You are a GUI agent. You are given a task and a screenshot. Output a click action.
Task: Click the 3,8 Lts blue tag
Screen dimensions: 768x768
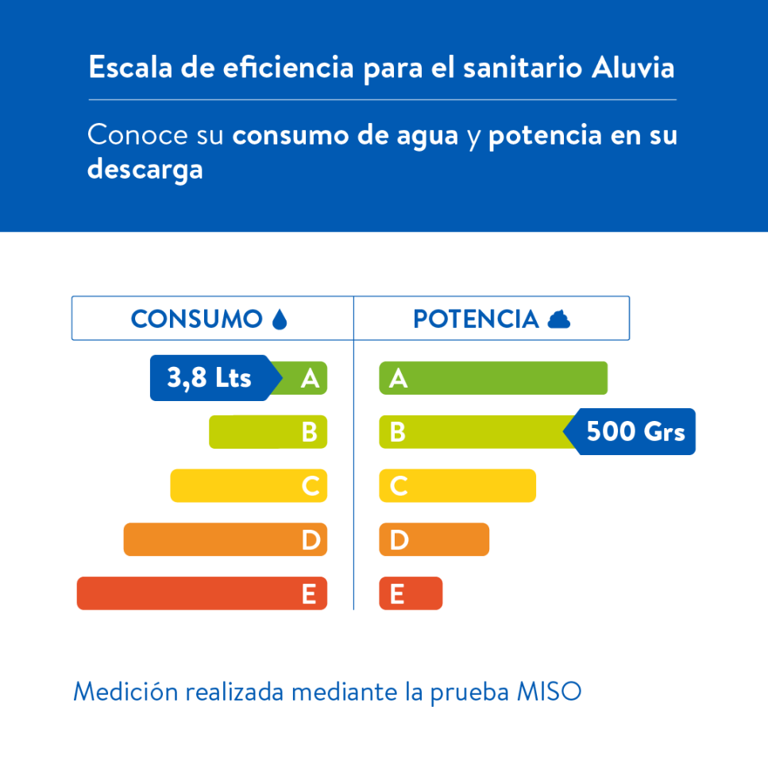[x=209, y=378]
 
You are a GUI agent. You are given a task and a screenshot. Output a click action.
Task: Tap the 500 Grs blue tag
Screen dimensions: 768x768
[x=634, y=432]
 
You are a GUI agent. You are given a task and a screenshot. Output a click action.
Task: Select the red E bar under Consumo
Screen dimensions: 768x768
[x=202, y=593]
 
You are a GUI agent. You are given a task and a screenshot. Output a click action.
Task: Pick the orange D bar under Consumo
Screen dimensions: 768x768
[x=225, y=540]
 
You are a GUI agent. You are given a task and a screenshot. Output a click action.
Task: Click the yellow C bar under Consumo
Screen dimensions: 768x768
[x=248, y=486]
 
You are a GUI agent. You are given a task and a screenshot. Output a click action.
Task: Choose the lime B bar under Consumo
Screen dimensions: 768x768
[x=268, y=432]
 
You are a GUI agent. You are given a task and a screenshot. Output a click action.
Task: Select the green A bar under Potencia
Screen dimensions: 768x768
[x=493, y=378]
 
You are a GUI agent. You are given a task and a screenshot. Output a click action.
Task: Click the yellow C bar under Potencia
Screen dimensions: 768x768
[x=457, y=486]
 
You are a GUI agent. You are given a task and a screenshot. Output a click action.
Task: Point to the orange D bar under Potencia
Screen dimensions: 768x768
[x=434, y=540]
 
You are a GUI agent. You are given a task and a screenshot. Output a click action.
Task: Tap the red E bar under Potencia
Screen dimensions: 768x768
[x=411, y=593]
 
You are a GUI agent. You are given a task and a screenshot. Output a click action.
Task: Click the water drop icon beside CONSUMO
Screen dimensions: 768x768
[x=279, y=319]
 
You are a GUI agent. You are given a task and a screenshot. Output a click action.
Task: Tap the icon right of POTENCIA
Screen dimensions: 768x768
[x=559, y=319]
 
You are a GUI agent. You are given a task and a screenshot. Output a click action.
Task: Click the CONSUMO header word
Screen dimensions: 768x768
[x=196, y=319]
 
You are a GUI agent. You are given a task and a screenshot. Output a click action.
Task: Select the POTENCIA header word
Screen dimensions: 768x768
[x=476, y=319]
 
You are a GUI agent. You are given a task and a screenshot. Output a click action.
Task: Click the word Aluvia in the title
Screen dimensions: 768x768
[x=633, y=68]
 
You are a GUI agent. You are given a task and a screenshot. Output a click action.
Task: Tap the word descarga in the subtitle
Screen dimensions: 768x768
[x=145, y=169]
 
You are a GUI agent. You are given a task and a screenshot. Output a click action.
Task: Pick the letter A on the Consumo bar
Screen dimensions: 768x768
[x=310, y=379]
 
